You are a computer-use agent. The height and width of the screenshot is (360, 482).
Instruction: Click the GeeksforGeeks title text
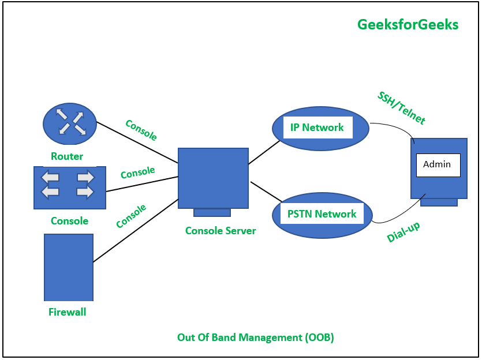point(408,25)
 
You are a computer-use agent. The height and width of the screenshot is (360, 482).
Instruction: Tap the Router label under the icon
point(67,156)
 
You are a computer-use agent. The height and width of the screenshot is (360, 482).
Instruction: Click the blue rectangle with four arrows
point(70,187)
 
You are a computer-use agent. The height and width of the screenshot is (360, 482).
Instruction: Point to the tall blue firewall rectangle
point(69,267)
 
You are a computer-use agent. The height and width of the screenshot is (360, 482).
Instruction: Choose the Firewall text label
point(68,312)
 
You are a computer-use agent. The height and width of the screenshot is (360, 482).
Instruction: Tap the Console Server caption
point(221,231)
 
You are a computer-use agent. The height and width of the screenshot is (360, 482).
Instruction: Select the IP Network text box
point(317,127)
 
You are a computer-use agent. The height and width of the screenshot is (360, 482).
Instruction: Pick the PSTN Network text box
point(322,214)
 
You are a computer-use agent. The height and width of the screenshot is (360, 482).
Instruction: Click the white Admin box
point(438,165)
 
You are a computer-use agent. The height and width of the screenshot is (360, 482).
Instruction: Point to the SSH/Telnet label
point(401,108)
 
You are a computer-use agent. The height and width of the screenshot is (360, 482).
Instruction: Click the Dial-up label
point(403,232)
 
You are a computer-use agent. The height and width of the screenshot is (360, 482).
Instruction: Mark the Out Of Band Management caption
point(255,337)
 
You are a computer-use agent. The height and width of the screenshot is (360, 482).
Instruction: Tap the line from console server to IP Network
point(264,153)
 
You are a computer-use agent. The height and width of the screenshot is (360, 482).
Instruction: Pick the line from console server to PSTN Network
point(266,192)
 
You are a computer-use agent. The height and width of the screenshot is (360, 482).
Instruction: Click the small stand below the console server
point(212,213)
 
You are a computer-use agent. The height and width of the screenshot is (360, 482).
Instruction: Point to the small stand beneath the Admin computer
point(439,202)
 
